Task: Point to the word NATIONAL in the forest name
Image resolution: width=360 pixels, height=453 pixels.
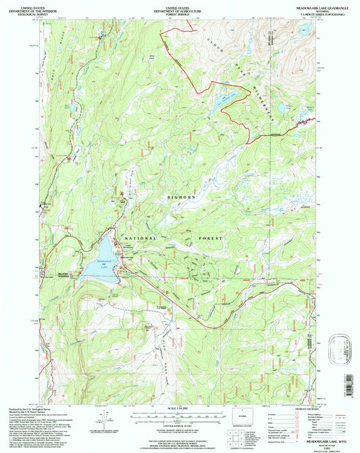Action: pyautogui.click(x=139, y=239)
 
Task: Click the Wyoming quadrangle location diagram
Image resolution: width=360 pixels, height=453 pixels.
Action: pyautogui.click(x=238, y=414)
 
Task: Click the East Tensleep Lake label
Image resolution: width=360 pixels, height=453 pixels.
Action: pyautogui.click(x=228, y=99)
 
